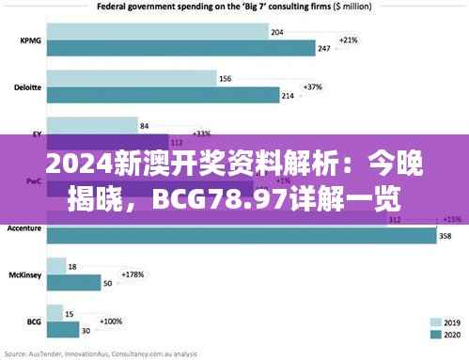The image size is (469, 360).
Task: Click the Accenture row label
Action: click(23, 228)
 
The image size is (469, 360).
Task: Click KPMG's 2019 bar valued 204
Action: click(155, 33)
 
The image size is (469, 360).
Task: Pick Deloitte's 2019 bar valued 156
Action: click(131, 79)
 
